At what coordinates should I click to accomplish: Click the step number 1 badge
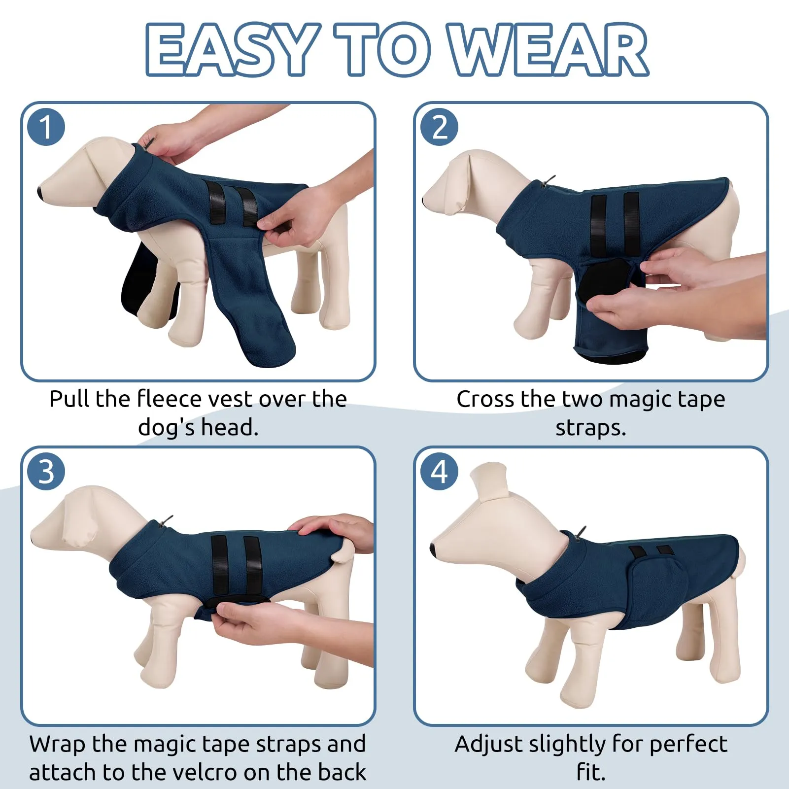coord(46,127)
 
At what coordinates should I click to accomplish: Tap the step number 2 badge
coord(439,127)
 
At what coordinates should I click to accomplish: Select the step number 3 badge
coord(46,472)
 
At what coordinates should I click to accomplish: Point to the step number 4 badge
coord(439,472)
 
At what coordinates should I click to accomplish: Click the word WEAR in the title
coord(549,50)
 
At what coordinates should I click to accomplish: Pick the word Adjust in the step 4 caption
coord(488,745)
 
